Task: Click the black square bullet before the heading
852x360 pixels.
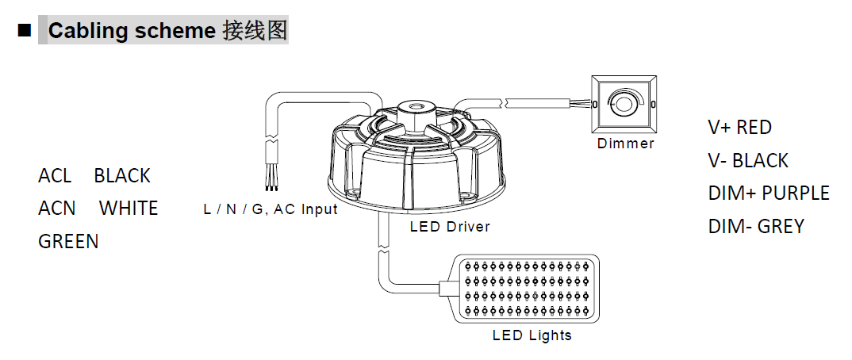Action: pyautogui.click(x=24, y=31)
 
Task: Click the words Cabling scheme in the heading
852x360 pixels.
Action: pyautogui.click(x=132, y=31)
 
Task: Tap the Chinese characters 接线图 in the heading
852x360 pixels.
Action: pyautogui.click(x=254, y=31)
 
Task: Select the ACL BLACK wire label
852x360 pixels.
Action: pyautogui.click(x=94, y=175)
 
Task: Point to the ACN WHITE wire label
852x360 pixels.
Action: pyautogui.click(x=98, y=208)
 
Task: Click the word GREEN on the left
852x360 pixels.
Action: pyautogui.click(x=68, y=241)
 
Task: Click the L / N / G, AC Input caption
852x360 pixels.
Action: pyautogui.click(x=271, y=209)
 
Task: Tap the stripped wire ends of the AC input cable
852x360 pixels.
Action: pyautogui.click(x=272, y=182)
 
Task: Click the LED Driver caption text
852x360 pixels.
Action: pyautogui.click(x=450, y=226)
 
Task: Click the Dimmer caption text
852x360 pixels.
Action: pyautogui.click(x=626, y=144)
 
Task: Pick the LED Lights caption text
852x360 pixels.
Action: pyautogui.click(x=532, y=335)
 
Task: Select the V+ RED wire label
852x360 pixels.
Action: pyautogui.click(x=739, y=127)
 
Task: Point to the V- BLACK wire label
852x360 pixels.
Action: pyautogui.click(x=748, y=160)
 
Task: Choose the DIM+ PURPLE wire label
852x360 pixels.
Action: pyautogui.click(x=768, y=193)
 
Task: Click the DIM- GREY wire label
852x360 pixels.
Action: pyautogui.click(x=755, y=226)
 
